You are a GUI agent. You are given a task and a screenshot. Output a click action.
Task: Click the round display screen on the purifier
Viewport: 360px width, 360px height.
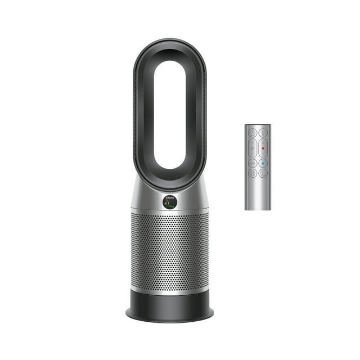click(x=169, y=201)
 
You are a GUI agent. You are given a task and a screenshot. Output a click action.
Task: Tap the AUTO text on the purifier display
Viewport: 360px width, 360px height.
click(x=169, y=197)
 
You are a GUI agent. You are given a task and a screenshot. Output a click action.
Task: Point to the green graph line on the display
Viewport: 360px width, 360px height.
click(x=169, y=204)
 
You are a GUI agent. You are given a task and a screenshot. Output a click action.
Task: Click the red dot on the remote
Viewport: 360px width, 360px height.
click(x=263, y=148)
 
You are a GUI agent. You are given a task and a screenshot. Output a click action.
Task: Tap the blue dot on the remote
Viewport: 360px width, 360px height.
click(x=263, y=163)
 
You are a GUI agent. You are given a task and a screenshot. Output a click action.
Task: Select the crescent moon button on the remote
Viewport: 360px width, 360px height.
click(x=263, y=173)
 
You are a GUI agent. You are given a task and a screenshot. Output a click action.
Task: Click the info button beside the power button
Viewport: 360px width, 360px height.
click(x=263, y=133)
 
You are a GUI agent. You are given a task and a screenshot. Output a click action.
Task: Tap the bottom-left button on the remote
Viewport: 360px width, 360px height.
click(x=253, y=173)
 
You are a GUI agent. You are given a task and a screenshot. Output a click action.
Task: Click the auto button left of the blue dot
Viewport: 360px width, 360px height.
click(x=253, y=163)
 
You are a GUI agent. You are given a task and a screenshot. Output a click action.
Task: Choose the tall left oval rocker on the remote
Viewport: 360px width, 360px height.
click(x=253, y=148)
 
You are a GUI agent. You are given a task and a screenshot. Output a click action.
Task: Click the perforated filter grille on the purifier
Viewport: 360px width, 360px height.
click(x=169, y=250)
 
